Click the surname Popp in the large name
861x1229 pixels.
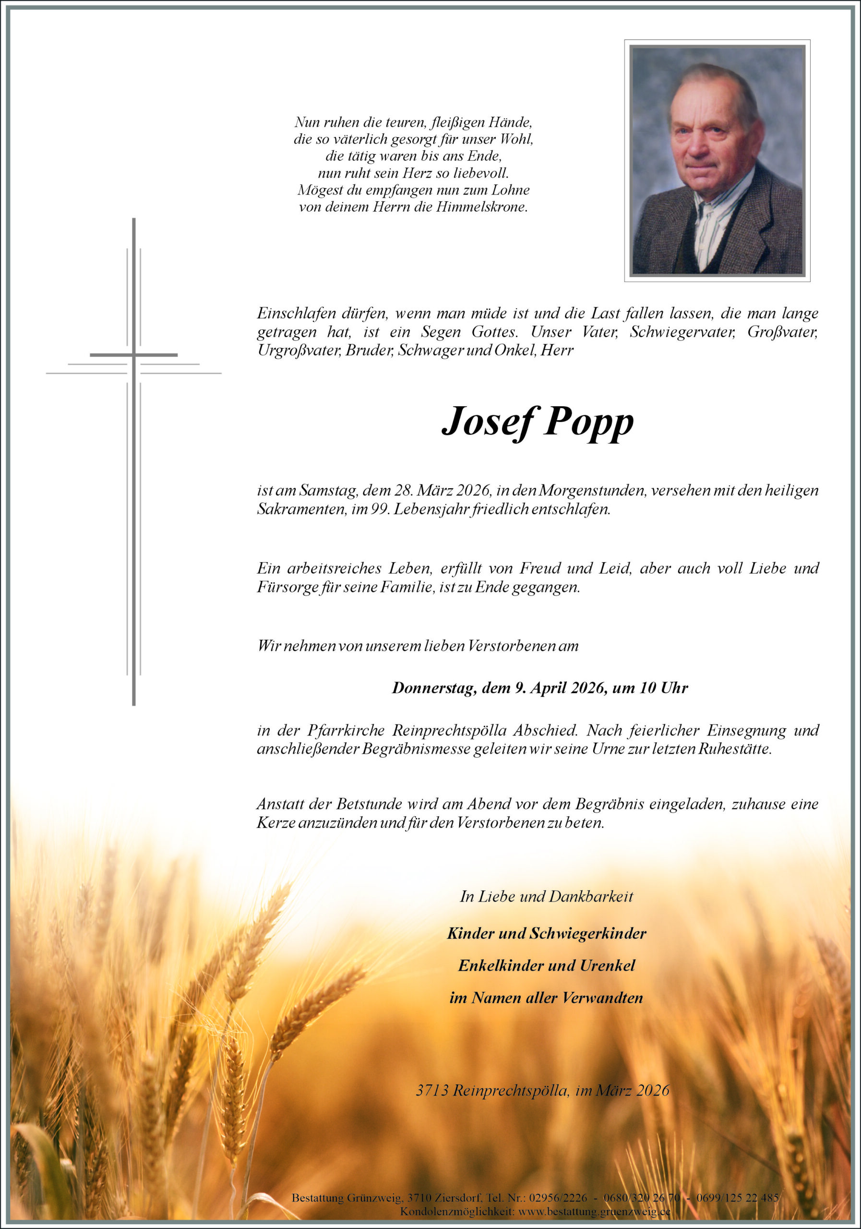coord(588,423)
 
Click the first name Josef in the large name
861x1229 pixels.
coord(487,423)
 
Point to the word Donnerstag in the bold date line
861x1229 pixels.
coord(433,688)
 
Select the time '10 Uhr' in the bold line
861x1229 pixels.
coord(664,688)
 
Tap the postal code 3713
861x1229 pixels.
coord(432,1090)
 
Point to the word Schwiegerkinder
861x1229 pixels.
coord(587,934)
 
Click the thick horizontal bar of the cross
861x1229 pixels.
coord(134,355)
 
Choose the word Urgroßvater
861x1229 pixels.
coord(299,350)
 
